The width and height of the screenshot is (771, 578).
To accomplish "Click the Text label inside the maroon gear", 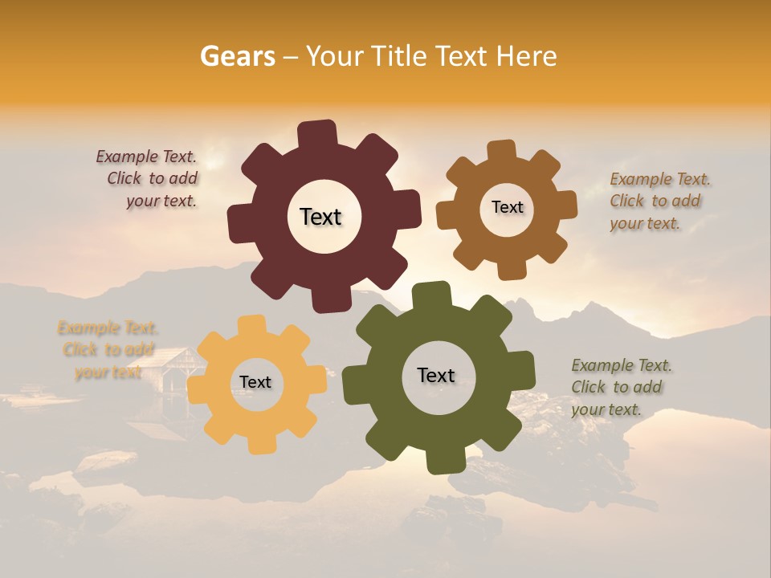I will pos(320,217).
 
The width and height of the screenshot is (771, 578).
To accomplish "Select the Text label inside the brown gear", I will pos(507,207).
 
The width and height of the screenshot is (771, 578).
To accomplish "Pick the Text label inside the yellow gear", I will pos(255,382).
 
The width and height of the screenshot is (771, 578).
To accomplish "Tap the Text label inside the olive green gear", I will pos(436,375).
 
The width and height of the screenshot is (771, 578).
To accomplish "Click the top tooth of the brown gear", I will pos(502,151).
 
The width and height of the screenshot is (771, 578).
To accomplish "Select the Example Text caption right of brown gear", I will pos(659,201).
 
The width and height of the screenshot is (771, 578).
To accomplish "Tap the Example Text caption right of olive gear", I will pos(620,387).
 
